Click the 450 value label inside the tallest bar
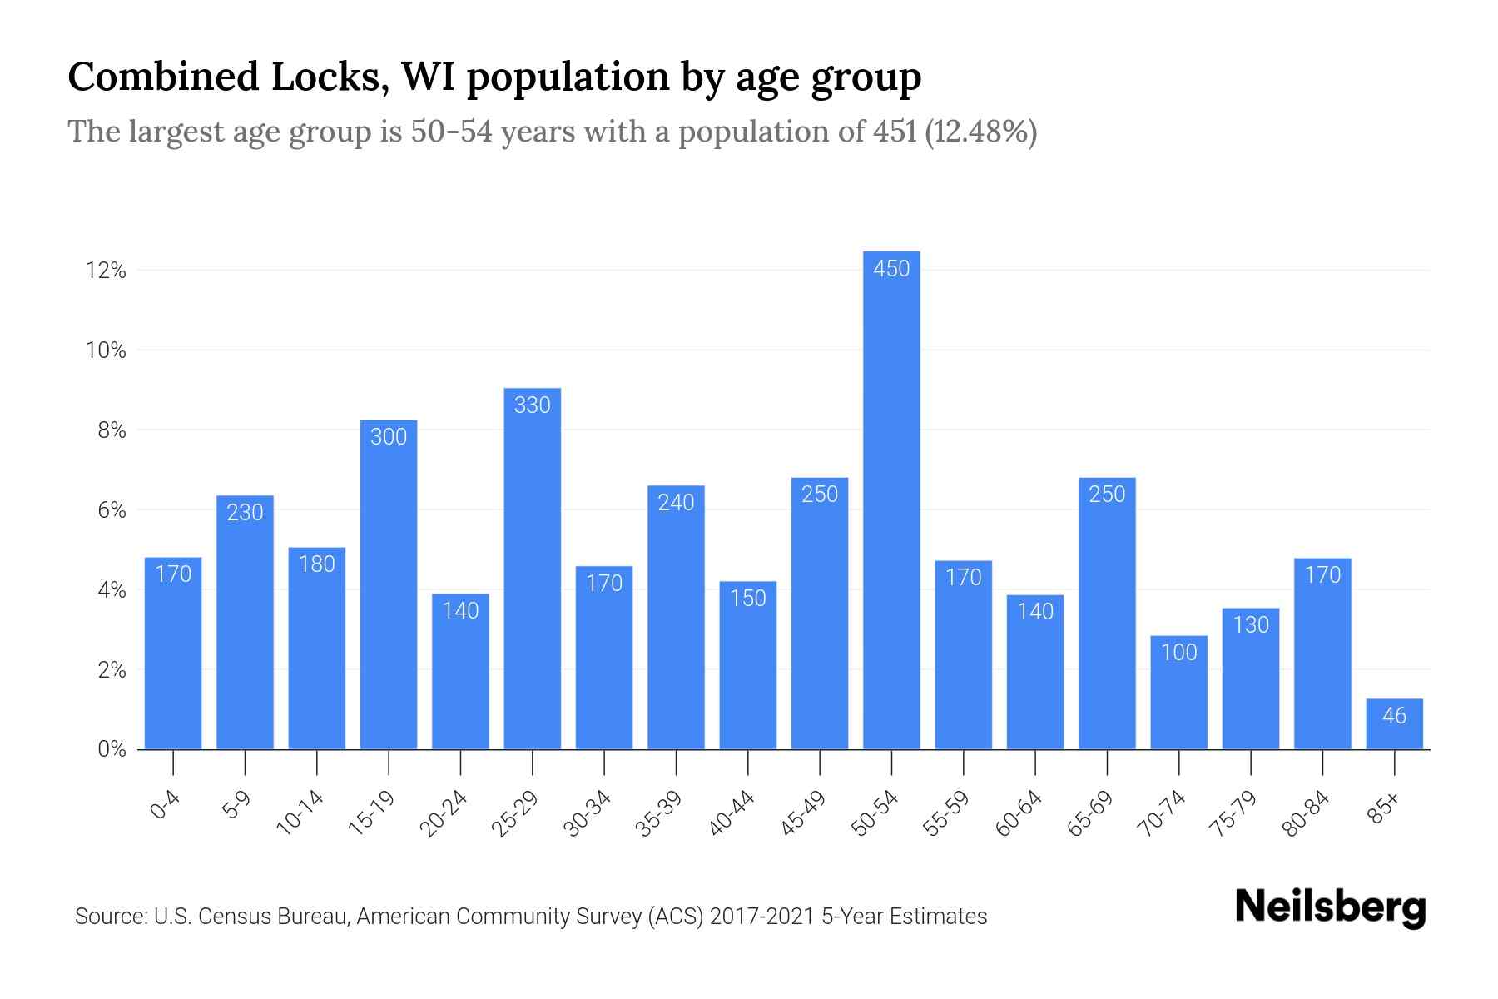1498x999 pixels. pos(891,269)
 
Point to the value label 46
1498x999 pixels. pos(1394,716)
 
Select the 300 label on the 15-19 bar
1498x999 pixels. pos(389,437)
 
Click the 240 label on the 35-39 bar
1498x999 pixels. pos(676,503)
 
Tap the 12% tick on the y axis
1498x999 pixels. pos(106,271)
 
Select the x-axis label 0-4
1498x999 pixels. pos(166,805)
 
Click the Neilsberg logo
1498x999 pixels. pos(1331,907)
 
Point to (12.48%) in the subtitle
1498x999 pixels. pos(980,132)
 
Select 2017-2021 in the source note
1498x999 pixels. pos(761,917)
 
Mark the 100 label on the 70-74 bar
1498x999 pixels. pos(1178,652)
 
